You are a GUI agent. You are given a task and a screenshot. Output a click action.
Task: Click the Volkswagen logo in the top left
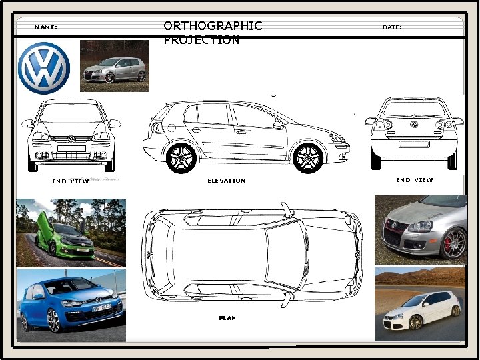tap(43, 69)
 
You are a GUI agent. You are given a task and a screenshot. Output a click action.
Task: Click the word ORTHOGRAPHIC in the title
tap(213, 26)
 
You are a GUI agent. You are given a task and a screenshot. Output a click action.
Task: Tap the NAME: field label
tap(46, 27)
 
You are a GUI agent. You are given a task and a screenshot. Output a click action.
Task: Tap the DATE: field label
tap(392, 27)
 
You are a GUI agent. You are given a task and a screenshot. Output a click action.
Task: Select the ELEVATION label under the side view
tap(226, 181)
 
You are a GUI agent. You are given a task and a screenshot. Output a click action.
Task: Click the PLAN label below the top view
tap(227, 318)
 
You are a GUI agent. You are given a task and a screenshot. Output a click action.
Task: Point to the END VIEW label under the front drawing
tap(70, 181)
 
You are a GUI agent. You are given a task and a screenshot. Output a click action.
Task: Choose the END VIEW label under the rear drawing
tap(414, 180)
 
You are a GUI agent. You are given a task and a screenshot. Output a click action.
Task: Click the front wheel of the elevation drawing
tap(309, 158)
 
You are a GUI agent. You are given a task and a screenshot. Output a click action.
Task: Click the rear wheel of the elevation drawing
tap(181, 158)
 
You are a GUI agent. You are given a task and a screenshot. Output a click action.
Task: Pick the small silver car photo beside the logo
tap(114, 66)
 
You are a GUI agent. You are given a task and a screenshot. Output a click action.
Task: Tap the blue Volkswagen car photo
tap(71, 305)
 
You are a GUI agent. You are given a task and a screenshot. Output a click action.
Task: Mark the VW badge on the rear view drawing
tap(414, 125)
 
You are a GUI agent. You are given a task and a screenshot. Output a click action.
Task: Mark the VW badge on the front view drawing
tap(72, 139)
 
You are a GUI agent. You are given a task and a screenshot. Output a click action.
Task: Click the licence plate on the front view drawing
tap(71, 148)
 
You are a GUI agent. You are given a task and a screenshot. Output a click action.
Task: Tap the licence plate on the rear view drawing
tap(414, 143)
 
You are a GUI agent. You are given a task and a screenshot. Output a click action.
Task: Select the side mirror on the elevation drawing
tap(278, 124)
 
